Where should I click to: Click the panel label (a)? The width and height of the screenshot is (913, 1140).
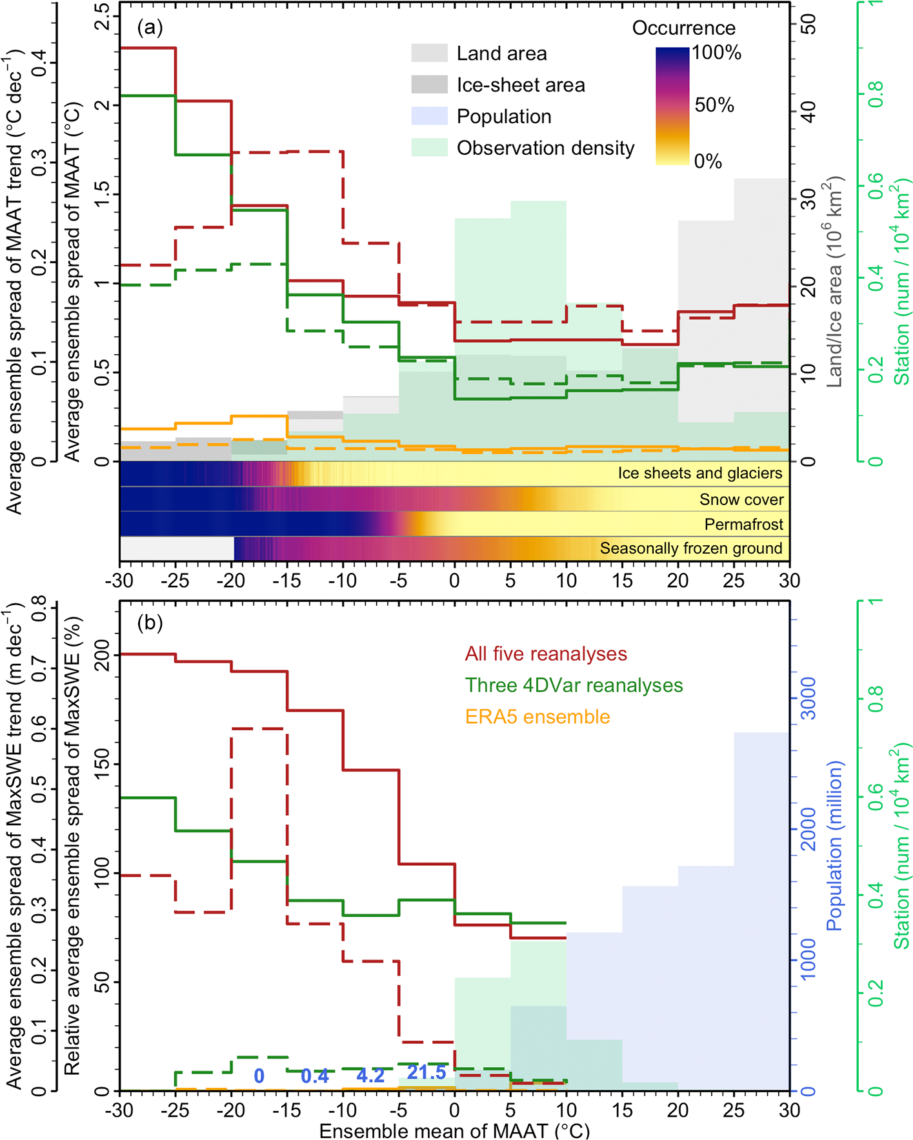tap(150, 27)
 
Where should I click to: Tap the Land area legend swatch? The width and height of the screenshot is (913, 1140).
tap(429, 53)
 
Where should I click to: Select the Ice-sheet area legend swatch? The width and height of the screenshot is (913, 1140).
tap(429, 85)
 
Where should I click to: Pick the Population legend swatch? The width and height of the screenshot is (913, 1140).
tap(429, 116)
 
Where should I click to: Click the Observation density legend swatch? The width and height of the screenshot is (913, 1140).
tap(429, 148)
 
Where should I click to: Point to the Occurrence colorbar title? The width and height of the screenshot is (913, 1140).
tap(683, 28)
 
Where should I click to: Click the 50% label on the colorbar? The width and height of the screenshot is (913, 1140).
tap(714, 105)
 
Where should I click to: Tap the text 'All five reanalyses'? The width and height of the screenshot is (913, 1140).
tap(546, 654)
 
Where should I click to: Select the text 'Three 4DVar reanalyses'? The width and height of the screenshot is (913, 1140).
tap(574, 685)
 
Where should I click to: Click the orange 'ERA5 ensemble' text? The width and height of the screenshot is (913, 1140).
tap(537, 717)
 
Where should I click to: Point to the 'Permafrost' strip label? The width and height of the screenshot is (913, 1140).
tap(743, 524)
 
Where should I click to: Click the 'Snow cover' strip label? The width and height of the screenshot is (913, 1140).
tap(741, 499)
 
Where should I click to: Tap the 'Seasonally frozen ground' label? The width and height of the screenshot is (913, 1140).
tap(691, 548)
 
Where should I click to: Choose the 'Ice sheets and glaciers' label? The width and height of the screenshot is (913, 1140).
tap(700, 473)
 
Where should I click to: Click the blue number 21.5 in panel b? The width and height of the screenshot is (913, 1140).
tap(426, 1072)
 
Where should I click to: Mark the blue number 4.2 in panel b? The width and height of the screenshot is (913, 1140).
tap(370, 1075)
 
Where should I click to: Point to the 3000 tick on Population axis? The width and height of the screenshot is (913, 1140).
tap(808, 699)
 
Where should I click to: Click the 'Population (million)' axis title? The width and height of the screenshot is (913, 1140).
tap(835, 845)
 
